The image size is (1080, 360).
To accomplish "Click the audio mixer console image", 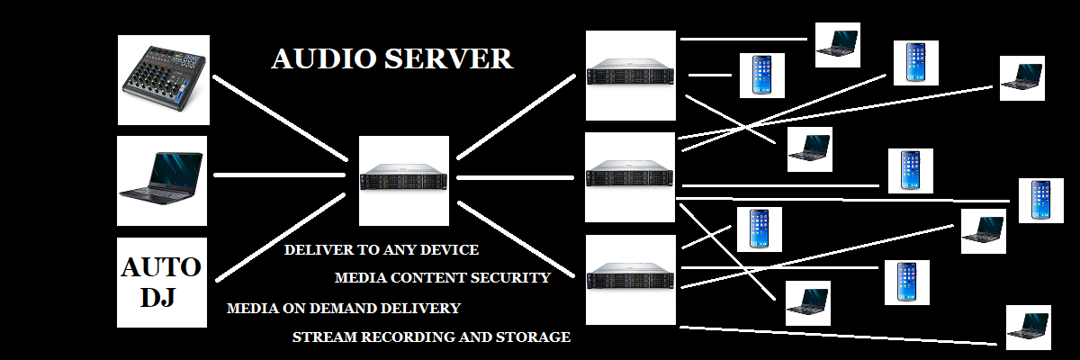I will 163,79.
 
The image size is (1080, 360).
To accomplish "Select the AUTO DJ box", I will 162,283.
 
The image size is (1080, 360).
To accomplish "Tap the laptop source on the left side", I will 163,180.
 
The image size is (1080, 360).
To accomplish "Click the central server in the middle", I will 404,180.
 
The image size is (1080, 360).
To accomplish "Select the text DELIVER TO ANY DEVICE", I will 381,249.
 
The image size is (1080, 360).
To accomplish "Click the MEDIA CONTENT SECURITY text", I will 442,278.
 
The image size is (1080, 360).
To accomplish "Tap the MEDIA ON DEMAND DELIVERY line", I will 343,308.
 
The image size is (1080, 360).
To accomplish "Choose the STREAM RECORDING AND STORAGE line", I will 431,337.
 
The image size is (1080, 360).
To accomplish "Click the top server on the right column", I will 630,76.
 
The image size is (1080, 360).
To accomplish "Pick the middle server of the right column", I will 630,177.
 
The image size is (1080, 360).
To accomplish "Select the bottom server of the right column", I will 630,280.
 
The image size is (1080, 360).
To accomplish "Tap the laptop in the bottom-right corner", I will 1028,327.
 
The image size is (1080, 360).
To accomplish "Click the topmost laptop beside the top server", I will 837,44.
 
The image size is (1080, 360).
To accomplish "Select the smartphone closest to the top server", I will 761,75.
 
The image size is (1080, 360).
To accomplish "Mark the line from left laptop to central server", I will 279,175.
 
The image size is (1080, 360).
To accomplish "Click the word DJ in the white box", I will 162,298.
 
